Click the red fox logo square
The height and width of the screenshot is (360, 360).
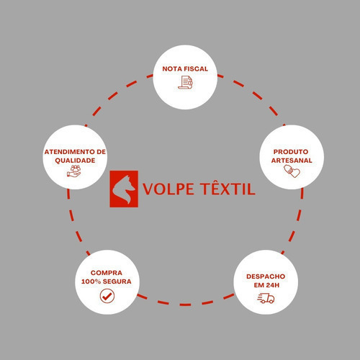124,189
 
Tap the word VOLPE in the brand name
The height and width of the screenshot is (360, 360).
168,189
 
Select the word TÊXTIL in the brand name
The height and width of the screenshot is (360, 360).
228,187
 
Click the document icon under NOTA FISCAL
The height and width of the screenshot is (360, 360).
185,82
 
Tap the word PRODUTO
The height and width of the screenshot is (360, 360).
291,152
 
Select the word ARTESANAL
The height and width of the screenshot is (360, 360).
292,161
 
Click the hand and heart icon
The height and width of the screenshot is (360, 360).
292,171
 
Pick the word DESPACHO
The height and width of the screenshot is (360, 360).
266,276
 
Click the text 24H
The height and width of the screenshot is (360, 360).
272,285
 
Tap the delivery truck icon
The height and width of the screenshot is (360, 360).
266,298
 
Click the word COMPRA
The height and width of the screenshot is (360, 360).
107,273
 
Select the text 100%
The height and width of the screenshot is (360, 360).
91,282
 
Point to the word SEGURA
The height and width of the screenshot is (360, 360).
117,282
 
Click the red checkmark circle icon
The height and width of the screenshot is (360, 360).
107,296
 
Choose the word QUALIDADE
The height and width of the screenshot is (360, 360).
75,161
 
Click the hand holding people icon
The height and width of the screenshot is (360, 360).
74,171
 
